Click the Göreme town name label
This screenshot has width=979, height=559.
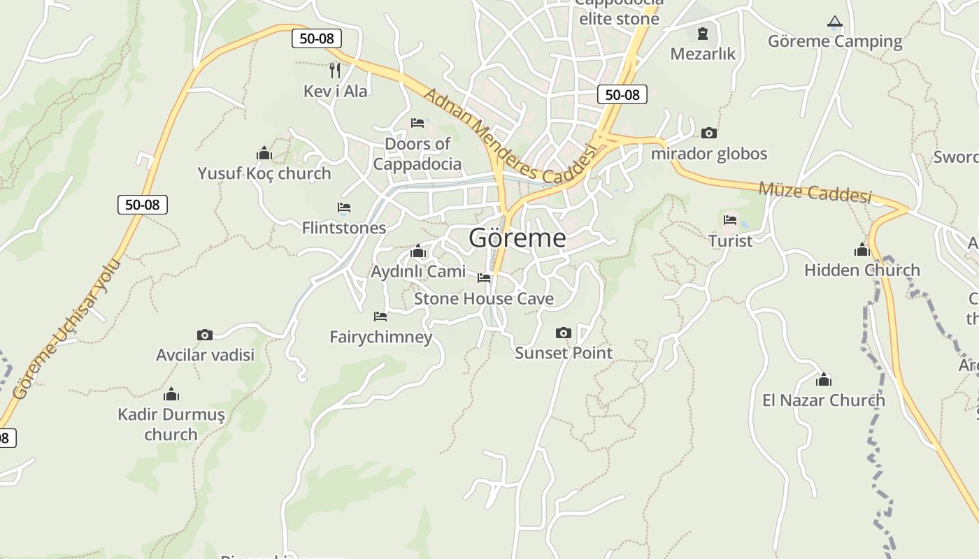coord(517,238)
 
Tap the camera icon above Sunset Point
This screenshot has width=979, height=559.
coord(563,333)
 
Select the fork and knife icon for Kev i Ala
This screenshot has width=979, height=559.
coord(335,70)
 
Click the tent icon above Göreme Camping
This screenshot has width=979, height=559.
coord(834,22)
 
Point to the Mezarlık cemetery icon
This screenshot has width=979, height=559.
coord(703,33)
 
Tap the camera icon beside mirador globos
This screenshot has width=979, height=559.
coord(708,133)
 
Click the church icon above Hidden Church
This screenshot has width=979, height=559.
coord(862,249)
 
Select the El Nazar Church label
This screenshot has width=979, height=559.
coord(823,400)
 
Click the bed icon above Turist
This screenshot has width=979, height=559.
coord(730,220)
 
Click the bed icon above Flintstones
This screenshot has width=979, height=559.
coord(343,208)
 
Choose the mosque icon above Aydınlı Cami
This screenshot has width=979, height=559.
coord(418,252)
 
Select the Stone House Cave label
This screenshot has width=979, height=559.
coord(483,299)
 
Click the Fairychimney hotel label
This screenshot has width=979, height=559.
coord(381,337)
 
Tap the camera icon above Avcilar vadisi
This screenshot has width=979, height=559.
coord(204,335)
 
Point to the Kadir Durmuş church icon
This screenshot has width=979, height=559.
coord(171,395)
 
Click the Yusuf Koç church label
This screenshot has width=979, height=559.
coord(264,173)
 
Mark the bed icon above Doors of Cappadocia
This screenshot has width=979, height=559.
coord(417,123)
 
